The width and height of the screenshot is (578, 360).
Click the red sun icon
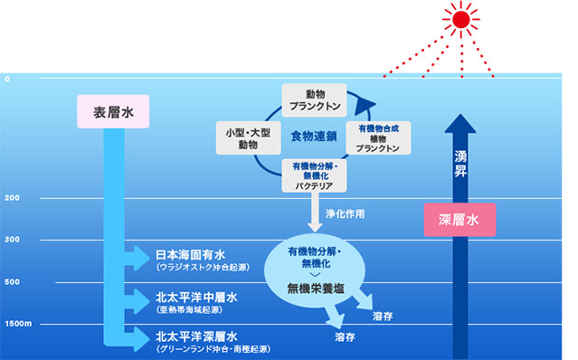460,19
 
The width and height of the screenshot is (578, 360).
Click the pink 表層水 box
113,111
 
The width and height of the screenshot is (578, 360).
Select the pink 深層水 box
460,220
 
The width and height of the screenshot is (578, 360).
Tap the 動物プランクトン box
315,99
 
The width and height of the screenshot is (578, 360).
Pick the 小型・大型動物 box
248,137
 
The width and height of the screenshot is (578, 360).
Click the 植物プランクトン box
378,137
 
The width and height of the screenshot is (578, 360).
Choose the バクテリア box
314,175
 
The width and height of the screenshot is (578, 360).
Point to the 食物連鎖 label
314,137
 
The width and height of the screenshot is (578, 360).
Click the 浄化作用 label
345,213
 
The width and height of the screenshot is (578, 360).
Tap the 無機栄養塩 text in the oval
316,289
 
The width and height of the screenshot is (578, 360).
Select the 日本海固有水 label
190,254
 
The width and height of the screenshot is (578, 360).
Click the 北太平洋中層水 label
196,297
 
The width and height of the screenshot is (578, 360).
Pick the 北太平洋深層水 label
196,336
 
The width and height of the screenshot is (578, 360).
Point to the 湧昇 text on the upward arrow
460,164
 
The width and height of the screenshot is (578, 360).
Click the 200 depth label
12,198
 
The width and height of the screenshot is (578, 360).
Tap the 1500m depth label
18,324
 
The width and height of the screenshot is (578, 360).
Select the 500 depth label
12,282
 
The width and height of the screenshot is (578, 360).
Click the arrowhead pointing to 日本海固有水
140,258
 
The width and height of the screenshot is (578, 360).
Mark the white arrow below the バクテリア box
315,213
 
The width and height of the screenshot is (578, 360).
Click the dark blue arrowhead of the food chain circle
365,105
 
